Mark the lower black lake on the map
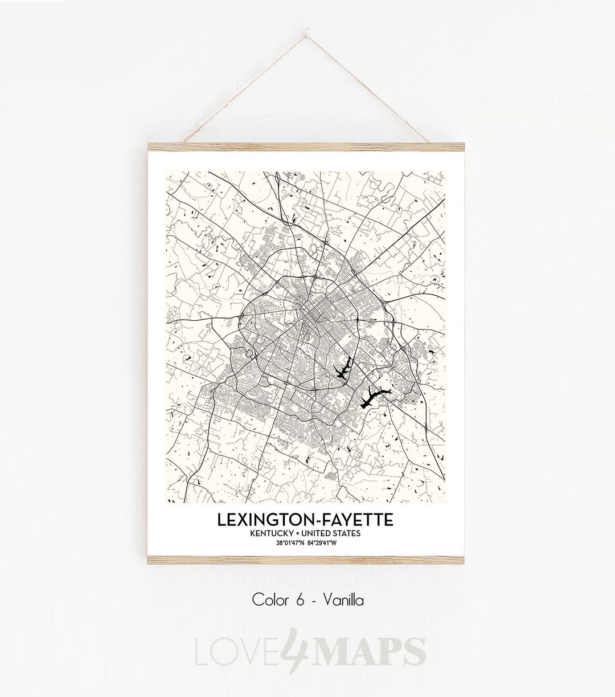click(374, 397)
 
